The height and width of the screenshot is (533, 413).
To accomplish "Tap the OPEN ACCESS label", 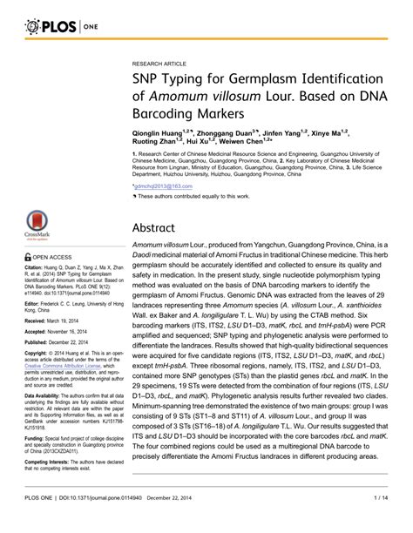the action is coord(53,258).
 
